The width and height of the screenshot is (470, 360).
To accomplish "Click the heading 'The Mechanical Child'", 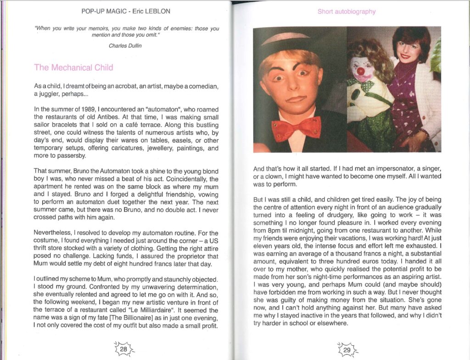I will [x=73, y=67].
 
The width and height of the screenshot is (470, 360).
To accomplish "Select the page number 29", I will [x=347, y=349].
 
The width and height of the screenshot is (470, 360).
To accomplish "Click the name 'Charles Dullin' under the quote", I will [x=125, y=46].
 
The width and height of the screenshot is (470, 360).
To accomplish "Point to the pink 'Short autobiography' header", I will [x=346, y=11].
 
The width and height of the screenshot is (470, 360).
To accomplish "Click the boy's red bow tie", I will [x=296, y=128].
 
